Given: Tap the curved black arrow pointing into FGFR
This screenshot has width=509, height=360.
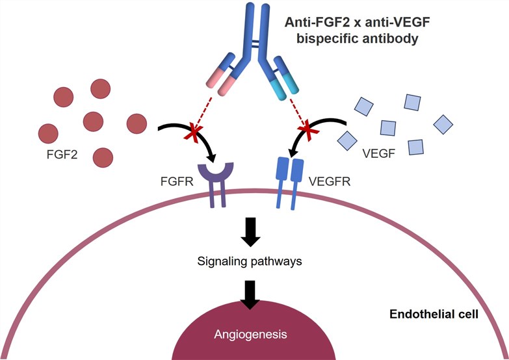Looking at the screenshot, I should pyautogui.click(x=189, y=128).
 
